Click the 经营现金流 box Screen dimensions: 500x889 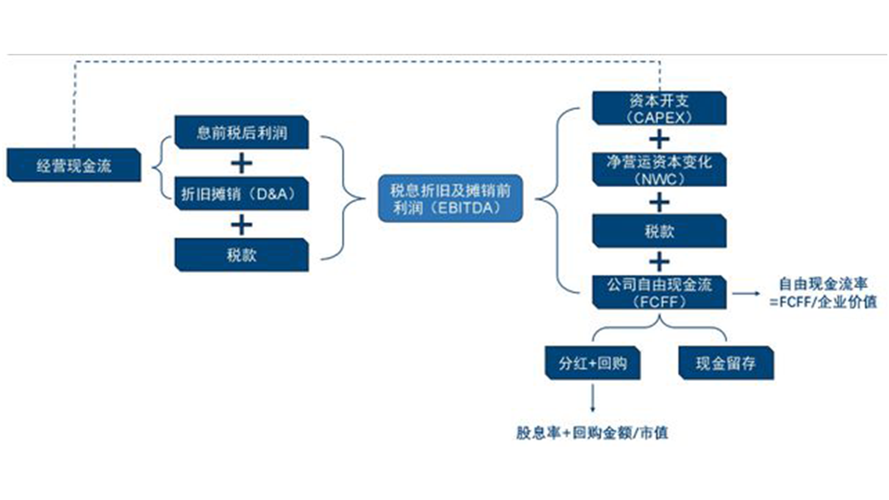[x=73, y=165]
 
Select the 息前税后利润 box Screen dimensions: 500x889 [x=242, y=132]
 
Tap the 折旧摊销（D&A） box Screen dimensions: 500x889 [x=242, y=194]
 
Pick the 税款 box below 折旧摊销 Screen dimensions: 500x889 [x=242, y=255]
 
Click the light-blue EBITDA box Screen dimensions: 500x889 [x=450, y=199]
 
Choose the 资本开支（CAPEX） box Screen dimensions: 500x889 [x=659, y=108]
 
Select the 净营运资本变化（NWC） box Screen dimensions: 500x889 [x=659, y=170]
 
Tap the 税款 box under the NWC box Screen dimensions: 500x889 [x=659, y=231]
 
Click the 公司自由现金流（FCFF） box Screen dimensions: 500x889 [x=659, y=292]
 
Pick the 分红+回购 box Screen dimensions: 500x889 [x=592, y=363]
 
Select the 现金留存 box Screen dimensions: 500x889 [x=726, y=363]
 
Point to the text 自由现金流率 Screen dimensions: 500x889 [x=823, y=284]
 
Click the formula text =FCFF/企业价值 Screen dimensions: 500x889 [x=823, y=302]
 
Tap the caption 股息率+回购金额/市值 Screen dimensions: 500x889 [x=592, y=432]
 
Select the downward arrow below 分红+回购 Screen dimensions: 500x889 [x=592, y=398]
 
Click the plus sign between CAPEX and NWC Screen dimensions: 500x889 [x=659, y=139]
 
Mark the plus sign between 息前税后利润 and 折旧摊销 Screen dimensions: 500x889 [x=242, y=163]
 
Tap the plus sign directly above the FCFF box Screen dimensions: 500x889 [x=659, y=261]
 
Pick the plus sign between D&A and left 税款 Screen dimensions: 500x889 [x=242, y=225]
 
